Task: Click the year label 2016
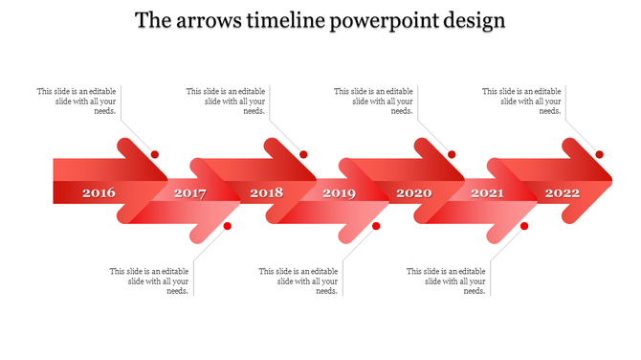[99, 193]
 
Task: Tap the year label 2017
[190, 194]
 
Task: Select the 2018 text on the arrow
[267, 193]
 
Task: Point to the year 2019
[339, 194]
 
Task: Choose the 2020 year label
[414, 193]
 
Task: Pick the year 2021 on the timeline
[487, 194]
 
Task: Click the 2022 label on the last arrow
[563, 193]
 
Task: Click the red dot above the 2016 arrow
[155, 154]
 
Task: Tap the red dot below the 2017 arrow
[228, 226]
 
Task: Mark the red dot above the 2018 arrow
[303, 154]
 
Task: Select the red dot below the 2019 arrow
[376, 226]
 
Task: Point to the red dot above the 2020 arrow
[452, 154]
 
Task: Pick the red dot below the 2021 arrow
[524, 226]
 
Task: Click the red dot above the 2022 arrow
[600, 154]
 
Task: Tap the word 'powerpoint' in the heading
[380, 21]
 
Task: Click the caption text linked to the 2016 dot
[77, 101]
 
